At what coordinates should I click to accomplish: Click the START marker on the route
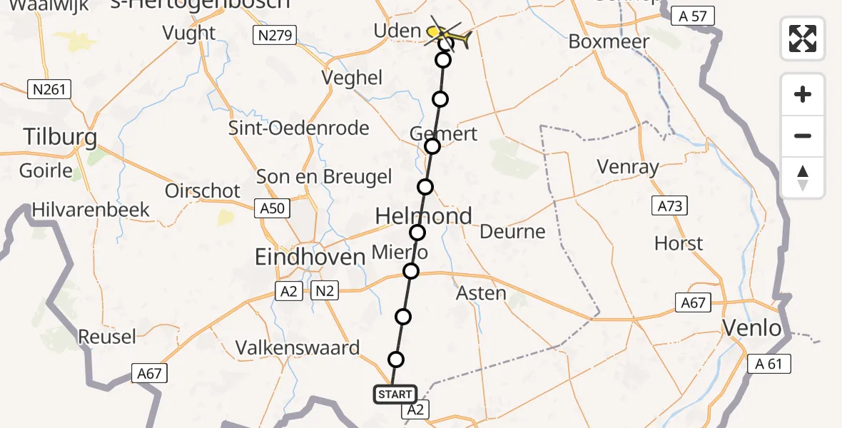click(x=395, y=394)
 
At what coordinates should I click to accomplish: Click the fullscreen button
click(x=803, y=38)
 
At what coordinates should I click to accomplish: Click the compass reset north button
click(x=803, y=178)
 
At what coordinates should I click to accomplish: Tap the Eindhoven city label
click(x=310, y=257)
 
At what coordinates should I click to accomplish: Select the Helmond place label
click(x=424, y=215)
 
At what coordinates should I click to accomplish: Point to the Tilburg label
click(x=60, y=136)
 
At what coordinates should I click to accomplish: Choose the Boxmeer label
click(x=609, y=41)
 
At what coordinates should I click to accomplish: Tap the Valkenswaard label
click(x=298, y=348)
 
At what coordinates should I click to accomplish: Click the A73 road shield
click(x=669, y=207)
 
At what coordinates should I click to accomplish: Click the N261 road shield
click(x=48, y=89)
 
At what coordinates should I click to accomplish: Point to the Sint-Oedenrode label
click(x=298, y=128)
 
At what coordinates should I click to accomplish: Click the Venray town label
click(x=628, y=168)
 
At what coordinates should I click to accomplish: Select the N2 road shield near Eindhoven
click(x=323, y=290)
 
